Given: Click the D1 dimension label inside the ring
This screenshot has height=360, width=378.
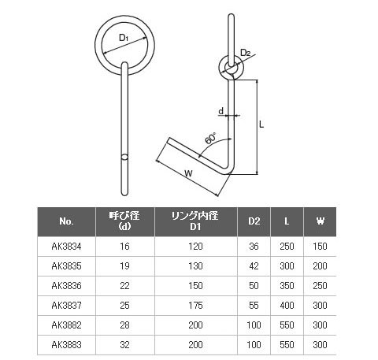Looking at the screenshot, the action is (x=123, y=38).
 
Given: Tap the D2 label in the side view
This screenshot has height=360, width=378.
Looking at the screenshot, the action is (x=246, y=53).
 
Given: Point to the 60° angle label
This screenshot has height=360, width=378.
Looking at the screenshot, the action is (x=210, y=139).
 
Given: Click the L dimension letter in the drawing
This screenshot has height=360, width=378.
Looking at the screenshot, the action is (x=261, y=124).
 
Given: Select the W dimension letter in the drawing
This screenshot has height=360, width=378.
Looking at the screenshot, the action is (x=188, y=173).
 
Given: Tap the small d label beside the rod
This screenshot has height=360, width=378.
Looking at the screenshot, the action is (x=221, y=111).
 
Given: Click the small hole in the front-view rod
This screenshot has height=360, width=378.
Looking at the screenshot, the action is (x=124, y=157).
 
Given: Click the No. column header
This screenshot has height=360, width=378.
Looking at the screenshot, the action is (x=66, y=221).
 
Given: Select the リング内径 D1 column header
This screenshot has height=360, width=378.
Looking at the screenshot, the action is (x=195, y=221).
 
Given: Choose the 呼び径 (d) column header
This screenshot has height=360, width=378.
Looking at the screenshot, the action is (x=124, y=221).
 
